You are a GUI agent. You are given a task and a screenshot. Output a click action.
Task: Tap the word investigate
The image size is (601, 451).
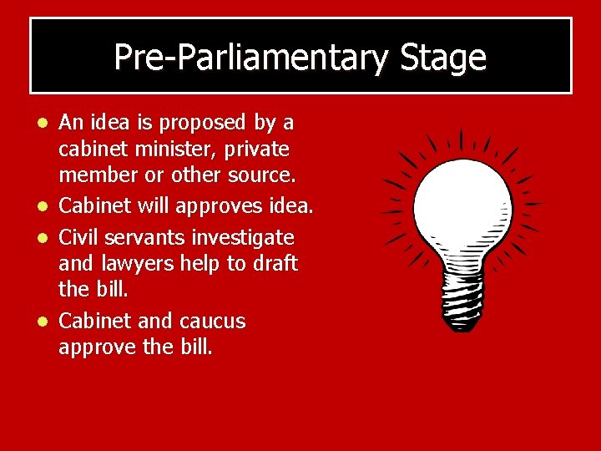(244, 237)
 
